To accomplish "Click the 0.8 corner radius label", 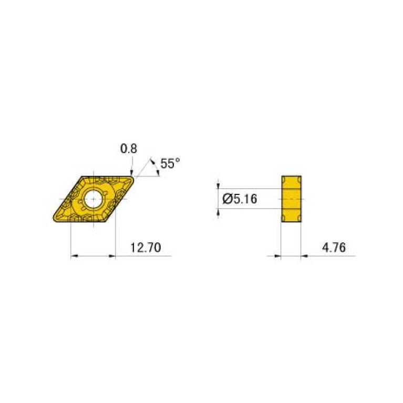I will click(x=129, y=149).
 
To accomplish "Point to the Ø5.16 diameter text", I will click(x=240, y=199).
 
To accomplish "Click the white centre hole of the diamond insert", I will click(x=94, y=199).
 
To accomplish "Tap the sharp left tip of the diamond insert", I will click(x=54, y=220).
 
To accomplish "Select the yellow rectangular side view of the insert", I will click(x=292, y=199).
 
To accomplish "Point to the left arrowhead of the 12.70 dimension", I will click(x=74, y=256).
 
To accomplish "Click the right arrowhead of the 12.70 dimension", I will click(x=112, y=256).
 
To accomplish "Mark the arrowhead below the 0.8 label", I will click(x=131, y=172).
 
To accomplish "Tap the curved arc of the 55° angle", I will click(x=156, y=167).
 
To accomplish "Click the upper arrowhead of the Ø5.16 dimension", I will click(x=219, y=184).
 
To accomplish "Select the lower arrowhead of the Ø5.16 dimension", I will click(x=219, y=212).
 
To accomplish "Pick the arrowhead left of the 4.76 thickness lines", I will click(x=278, y=256).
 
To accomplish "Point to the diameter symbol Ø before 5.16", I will click(x=227, y=199).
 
